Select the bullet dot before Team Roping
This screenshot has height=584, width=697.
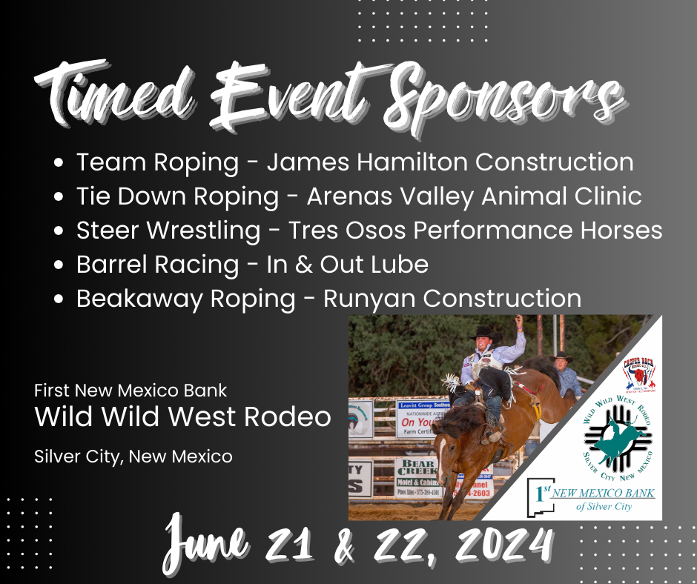[x=61, y=163]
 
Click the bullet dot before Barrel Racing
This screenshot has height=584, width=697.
[x=61, y=265]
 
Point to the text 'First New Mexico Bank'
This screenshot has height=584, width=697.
[x=131, y=390]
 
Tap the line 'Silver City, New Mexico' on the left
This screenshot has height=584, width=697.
[x=133, y=457]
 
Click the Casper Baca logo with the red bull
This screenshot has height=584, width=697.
[x=638, y=370]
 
